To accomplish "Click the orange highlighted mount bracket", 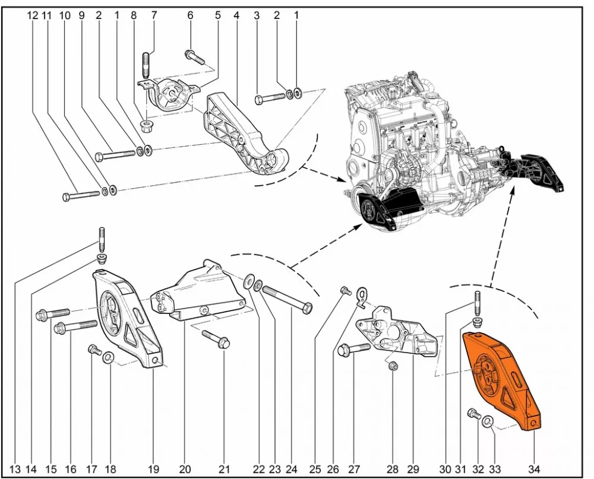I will (502, 380).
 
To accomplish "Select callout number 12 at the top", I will (33, 15).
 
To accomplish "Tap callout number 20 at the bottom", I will (185, 469).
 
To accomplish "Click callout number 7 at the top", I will (154, 15).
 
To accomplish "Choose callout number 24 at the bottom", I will (292, 469).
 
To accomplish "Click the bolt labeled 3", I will (270, 98).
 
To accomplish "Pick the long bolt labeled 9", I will (115, 156).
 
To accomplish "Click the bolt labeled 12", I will (79, 194).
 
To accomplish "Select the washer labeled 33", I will (488, 422).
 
